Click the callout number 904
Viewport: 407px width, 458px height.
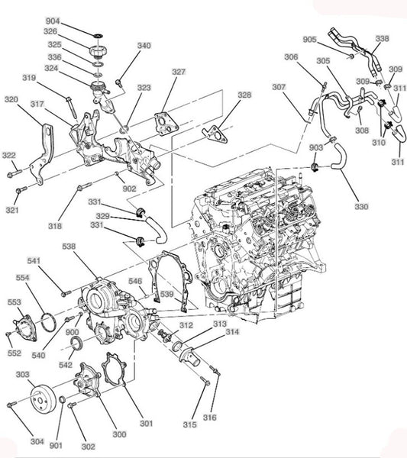point(53,21)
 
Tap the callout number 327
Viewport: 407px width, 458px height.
point(179,72)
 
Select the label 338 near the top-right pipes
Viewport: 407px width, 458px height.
point(382,39)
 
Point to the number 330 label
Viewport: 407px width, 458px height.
point(361,207)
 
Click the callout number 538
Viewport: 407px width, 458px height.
point(69,247)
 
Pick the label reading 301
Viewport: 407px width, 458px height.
point(146,423)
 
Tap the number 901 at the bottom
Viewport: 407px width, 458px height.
point(56,446)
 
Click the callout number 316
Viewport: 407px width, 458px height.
point(210,418)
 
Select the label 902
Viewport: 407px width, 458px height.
point(129,189)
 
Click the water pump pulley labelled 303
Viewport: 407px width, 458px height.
point(44,398)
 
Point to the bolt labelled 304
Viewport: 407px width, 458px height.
point(11,405)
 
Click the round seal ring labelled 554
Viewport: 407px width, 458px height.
point(49,322)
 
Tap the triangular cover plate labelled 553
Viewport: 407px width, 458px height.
point(26,327)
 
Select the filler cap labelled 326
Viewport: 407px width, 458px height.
point(99,51)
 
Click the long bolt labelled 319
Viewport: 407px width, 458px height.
point(71,108)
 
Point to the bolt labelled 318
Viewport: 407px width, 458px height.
point(85,186)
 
